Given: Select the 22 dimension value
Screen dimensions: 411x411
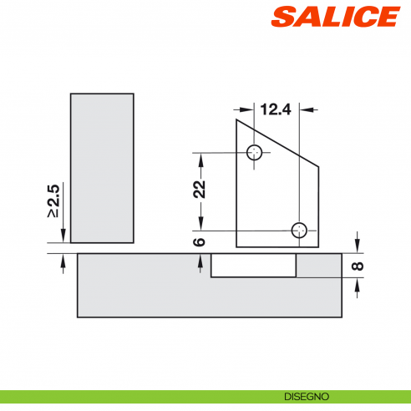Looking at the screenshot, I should tap(199, 189).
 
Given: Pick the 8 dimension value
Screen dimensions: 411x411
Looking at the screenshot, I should tap(358, 267).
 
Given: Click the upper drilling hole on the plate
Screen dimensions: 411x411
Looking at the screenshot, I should tap(256, 153).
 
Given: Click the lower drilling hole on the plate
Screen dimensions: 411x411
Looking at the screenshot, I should tap(299, 230).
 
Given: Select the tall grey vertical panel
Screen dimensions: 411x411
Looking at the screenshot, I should tap(102, 167).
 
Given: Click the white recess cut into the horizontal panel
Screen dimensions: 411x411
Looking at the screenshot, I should tap(253, 265).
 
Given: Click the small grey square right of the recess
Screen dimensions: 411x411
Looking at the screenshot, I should tap(317, 266).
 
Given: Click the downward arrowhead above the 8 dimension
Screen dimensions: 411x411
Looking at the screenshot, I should tap(358, 246).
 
